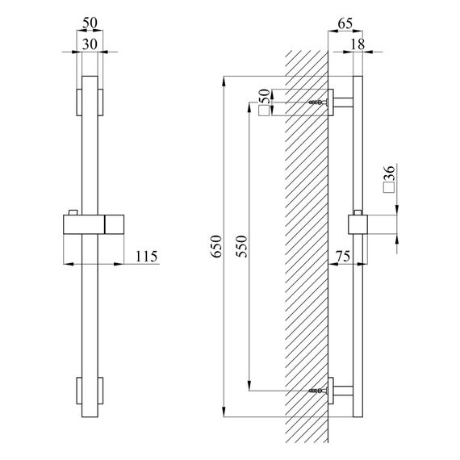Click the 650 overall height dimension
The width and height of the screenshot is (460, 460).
tap(217, 246)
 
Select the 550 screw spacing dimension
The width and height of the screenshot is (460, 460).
tap(242, 246)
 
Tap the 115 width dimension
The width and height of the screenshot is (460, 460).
tap(146, 257)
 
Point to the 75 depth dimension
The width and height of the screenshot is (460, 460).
tap(343, 257)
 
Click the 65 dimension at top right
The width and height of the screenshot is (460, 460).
tap(345, 23)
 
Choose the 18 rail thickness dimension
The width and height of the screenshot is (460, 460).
tap(358, 44)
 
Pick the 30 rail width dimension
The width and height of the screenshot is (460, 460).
tap(90, 44)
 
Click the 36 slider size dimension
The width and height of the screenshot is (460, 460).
tap(389, 173)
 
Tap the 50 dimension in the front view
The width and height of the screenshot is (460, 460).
tap(90, 23)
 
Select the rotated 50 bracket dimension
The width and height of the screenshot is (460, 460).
tap(264, 97)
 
